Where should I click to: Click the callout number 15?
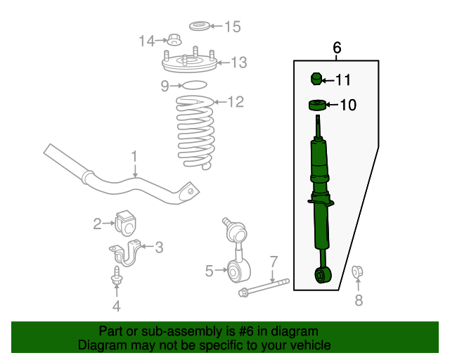(232, 27)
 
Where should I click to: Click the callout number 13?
(238, 63)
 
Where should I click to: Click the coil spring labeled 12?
(194, 134)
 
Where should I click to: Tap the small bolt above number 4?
(116, 277)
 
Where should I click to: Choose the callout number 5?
(209, 270)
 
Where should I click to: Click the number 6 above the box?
(336, 48)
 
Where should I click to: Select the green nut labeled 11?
(316, 79)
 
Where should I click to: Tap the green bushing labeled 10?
(317, 106)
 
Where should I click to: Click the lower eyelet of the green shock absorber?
(322, 275)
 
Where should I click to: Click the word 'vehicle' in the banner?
(309, 345)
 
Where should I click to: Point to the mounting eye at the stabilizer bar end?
(188, 191)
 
